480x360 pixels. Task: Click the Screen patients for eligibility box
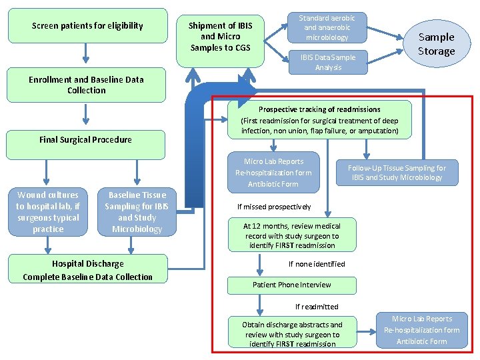87,26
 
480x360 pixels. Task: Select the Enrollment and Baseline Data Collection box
87,85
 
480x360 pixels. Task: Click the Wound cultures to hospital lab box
47,212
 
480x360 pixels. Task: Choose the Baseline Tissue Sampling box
137,212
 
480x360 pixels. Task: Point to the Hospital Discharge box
87,270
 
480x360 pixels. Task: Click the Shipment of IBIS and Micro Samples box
220,37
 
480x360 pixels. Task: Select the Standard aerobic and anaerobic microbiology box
327,28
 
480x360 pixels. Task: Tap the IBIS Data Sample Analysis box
327,62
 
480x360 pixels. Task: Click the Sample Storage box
436,44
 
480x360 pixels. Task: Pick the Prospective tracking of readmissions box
319,120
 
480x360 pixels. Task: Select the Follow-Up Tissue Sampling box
397,172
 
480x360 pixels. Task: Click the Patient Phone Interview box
292,285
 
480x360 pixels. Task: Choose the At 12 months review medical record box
292,235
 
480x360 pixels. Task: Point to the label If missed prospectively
274,207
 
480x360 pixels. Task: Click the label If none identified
317,264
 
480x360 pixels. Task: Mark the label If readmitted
317,307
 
